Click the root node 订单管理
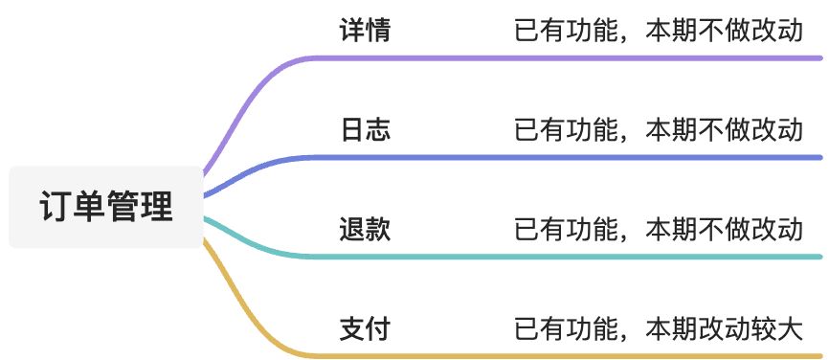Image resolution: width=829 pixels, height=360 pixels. tap(106, 207)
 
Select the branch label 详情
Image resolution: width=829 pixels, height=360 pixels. tap(365, 31)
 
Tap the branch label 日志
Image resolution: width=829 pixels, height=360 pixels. tap(365, 129)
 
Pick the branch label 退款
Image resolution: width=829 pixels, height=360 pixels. tap(365, 230)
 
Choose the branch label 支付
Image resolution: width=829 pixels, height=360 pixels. tap(365, 329)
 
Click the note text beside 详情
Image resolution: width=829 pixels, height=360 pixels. tap(659, 31)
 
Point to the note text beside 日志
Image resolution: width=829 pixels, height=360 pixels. tap(659, 129)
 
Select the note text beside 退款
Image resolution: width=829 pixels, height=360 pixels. tap(659, 230)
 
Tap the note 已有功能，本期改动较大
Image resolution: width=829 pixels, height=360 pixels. tap(659, 329)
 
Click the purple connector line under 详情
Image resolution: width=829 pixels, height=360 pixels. tap(574, 57)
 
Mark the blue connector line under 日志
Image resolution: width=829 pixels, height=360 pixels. tap(574, 157)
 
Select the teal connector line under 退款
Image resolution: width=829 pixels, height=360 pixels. tap(574, 257)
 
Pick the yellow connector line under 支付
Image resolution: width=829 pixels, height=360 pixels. tap(574, 356)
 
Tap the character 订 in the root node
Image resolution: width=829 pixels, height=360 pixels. tap(56, 207)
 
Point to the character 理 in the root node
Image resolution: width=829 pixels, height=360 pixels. tap(157, 207)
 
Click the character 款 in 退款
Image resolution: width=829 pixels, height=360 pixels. tap(378, 230)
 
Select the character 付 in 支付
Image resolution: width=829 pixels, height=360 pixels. tap(378, 329)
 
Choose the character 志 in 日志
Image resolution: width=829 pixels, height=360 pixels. tap(378, 129)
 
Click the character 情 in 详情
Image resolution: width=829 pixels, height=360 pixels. tap(378, 31)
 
